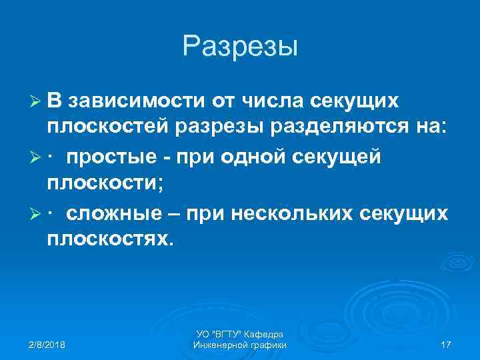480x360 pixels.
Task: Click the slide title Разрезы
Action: (x=239, y=47)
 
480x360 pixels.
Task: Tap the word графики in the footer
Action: (x=267, y=345)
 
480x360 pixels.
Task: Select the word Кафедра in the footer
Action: (x=267, y=333)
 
